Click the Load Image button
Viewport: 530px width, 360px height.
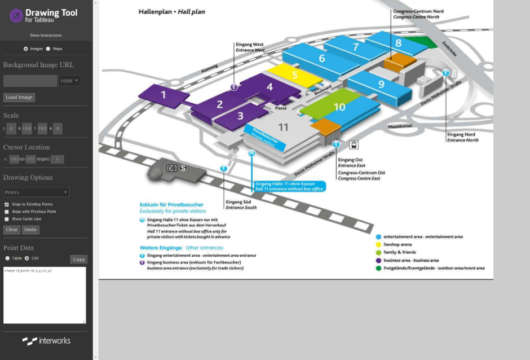point(19,98)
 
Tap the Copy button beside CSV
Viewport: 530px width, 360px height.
point(79,260)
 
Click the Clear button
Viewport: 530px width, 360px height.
point(12,230)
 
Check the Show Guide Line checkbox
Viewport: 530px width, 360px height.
point(7,219)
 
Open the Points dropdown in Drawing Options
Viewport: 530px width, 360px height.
point(36,192)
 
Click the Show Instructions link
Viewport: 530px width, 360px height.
point(46,36)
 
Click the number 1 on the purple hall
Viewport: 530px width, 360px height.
point(164,95)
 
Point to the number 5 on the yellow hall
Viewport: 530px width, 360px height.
point(294,74)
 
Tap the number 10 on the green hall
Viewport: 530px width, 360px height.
point(339,107)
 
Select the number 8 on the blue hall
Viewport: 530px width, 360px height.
point(398,43)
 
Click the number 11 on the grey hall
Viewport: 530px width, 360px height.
point(283,128)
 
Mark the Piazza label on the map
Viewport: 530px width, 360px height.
point(281,107)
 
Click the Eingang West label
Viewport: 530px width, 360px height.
point(250,45)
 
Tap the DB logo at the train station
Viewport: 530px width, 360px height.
point(172,168)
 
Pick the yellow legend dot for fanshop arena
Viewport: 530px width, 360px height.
point(378,244)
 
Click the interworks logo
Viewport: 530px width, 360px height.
point(46,341)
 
